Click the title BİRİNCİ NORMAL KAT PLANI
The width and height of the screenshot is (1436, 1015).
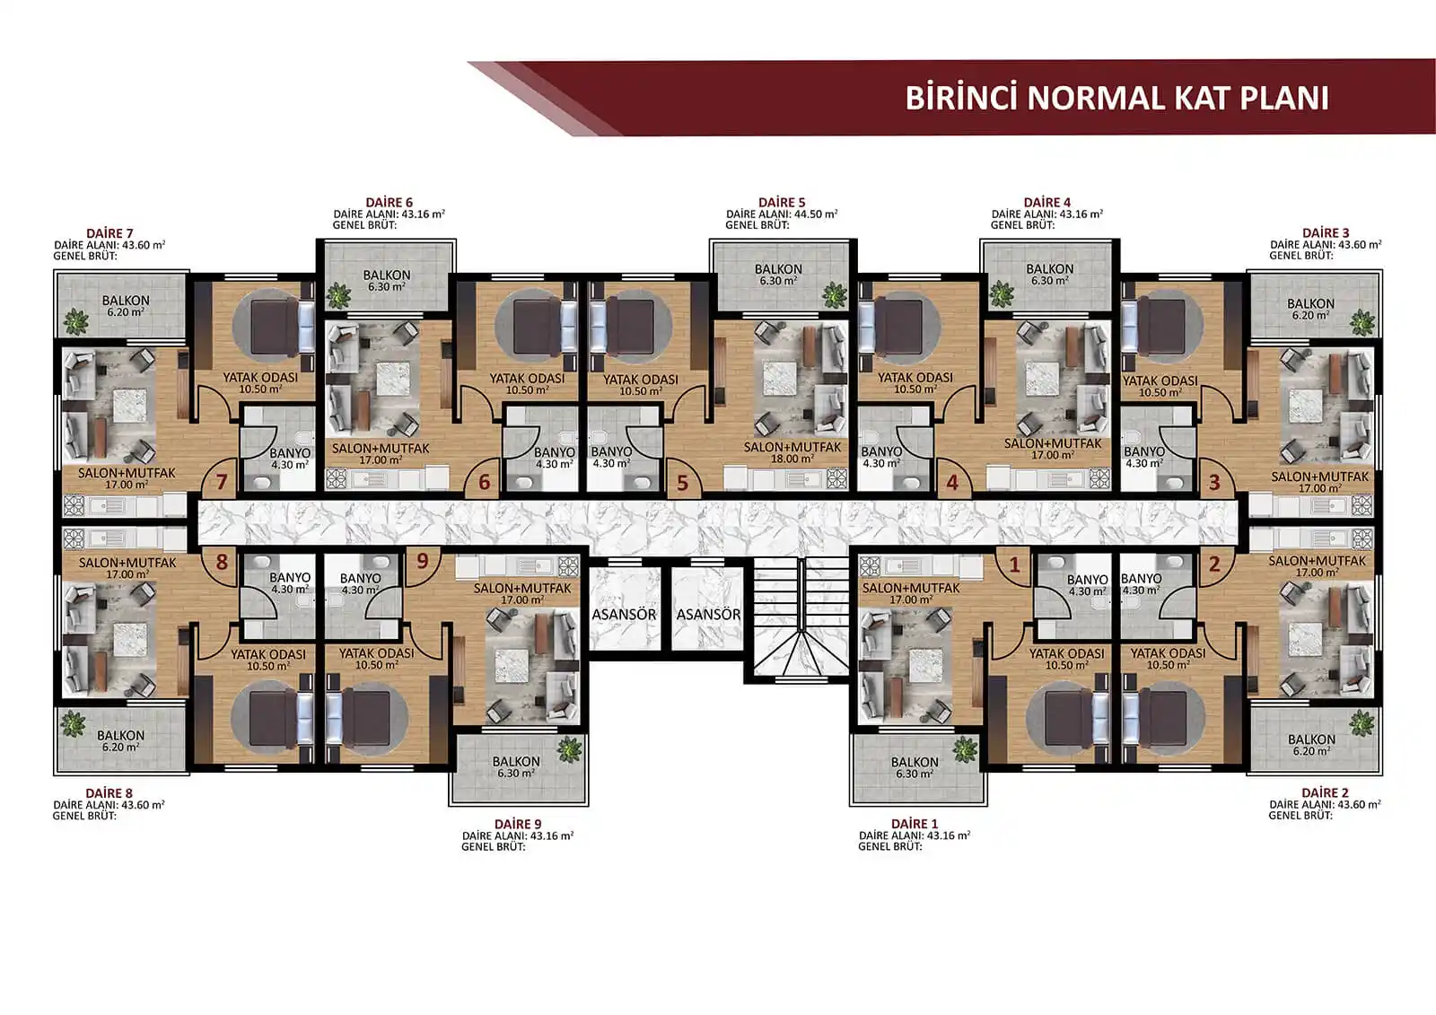[x=1116, y=98]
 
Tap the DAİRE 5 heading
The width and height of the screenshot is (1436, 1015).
[x=782, y=202]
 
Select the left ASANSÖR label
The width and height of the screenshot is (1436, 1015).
[x=624, y=614]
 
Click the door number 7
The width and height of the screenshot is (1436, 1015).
[x=221, y=482]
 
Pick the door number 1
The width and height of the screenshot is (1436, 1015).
[x=1014, y=564]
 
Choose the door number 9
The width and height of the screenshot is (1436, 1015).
[x=423, y=561]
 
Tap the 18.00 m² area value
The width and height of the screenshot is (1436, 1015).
[x=792, y=459]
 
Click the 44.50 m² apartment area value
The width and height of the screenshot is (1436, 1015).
[x=816, y=214]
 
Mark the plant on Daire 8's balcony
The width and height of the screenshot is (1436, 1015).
[x=73, y=724]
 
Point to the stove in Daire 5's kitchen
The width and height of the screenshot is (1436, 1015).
[x=836, y=478]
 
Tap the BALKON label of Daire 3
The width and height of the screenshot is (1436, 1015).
[x=1310, y=303]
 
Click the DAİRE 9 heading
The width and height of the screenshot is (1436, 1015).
[x=518, y=824]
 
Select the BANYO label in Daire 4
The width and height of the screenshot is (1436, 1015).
[x=881, y=451]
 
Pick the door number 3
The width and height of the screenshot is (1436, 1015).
[x=1214, y=482]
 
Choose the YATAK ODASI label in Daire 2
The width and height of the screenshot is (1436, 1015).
[x=1168, y=653]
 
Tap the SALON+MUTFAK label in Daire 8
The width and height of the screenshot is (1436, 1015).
[x=127, y=563]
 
